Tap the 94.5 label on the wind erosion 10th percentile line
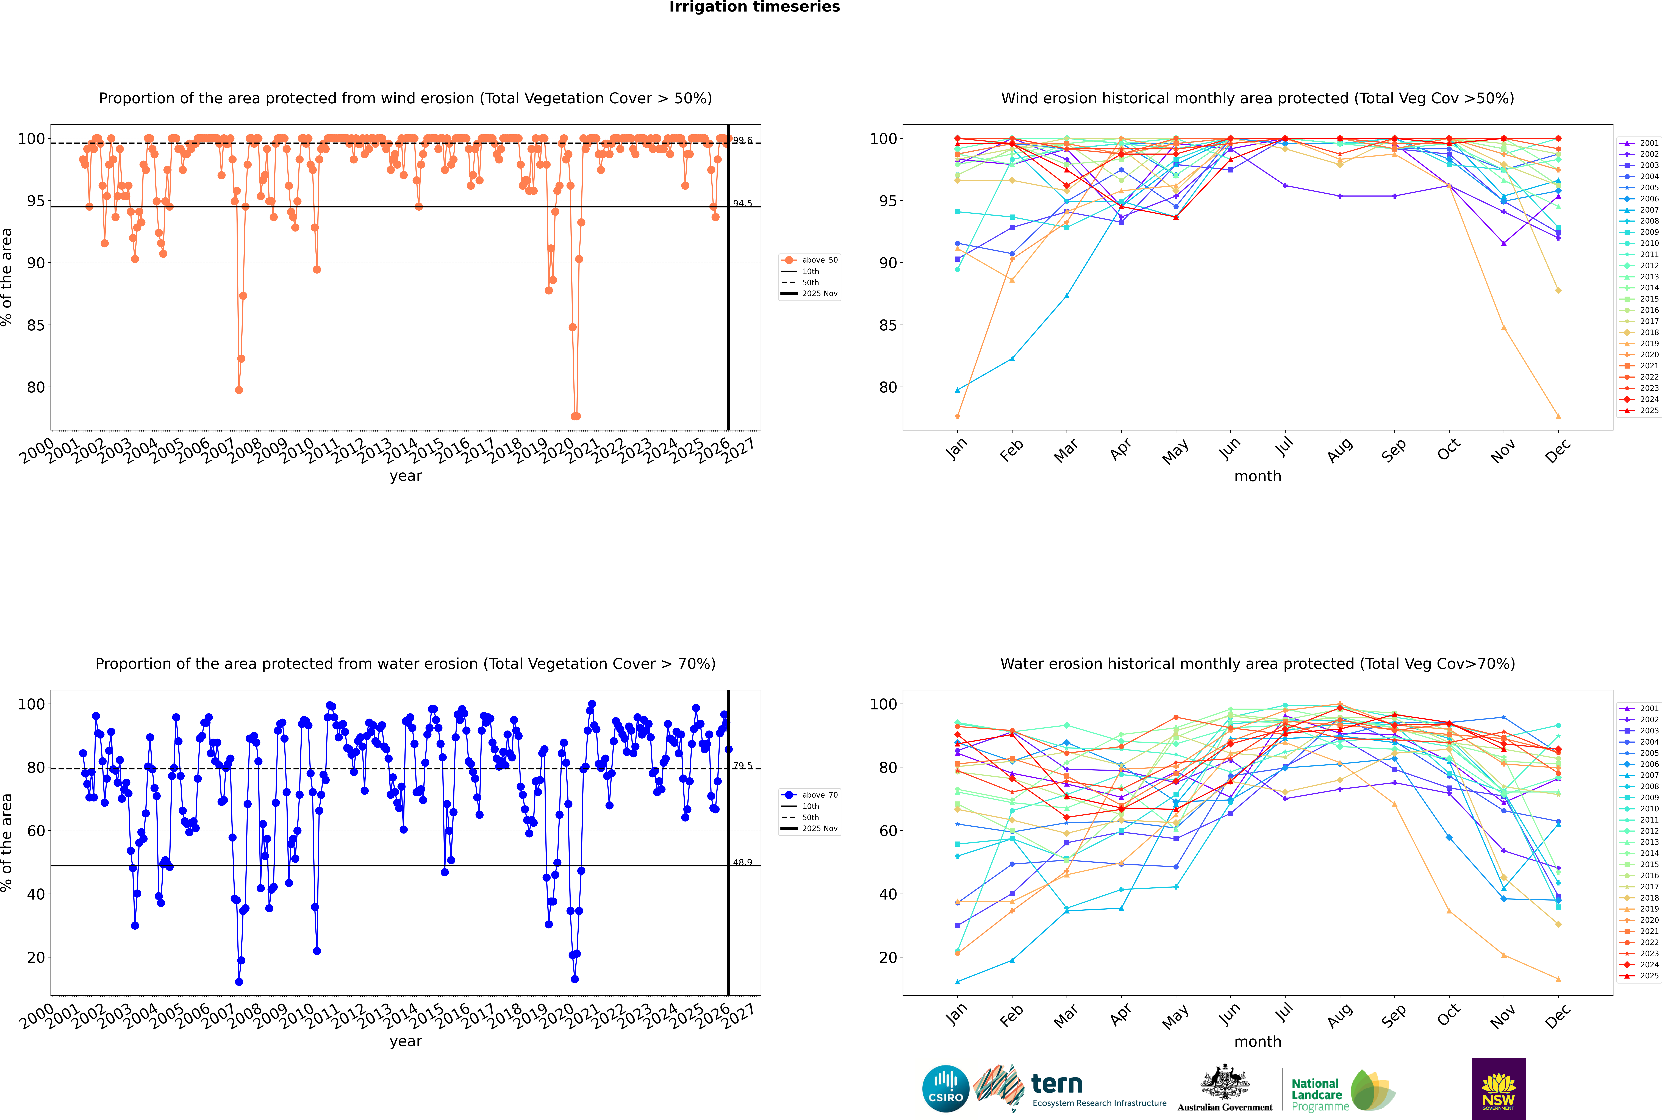[x=742, y=204]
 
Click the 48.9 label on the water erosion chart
[x=742, y=862]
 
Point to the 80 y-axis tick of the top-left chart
[x=36, y=387]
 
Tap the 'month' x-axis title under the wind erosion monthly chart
[x=1258, y=477]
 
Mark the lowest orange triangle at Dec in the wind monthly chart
[x=1558, y=416]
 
